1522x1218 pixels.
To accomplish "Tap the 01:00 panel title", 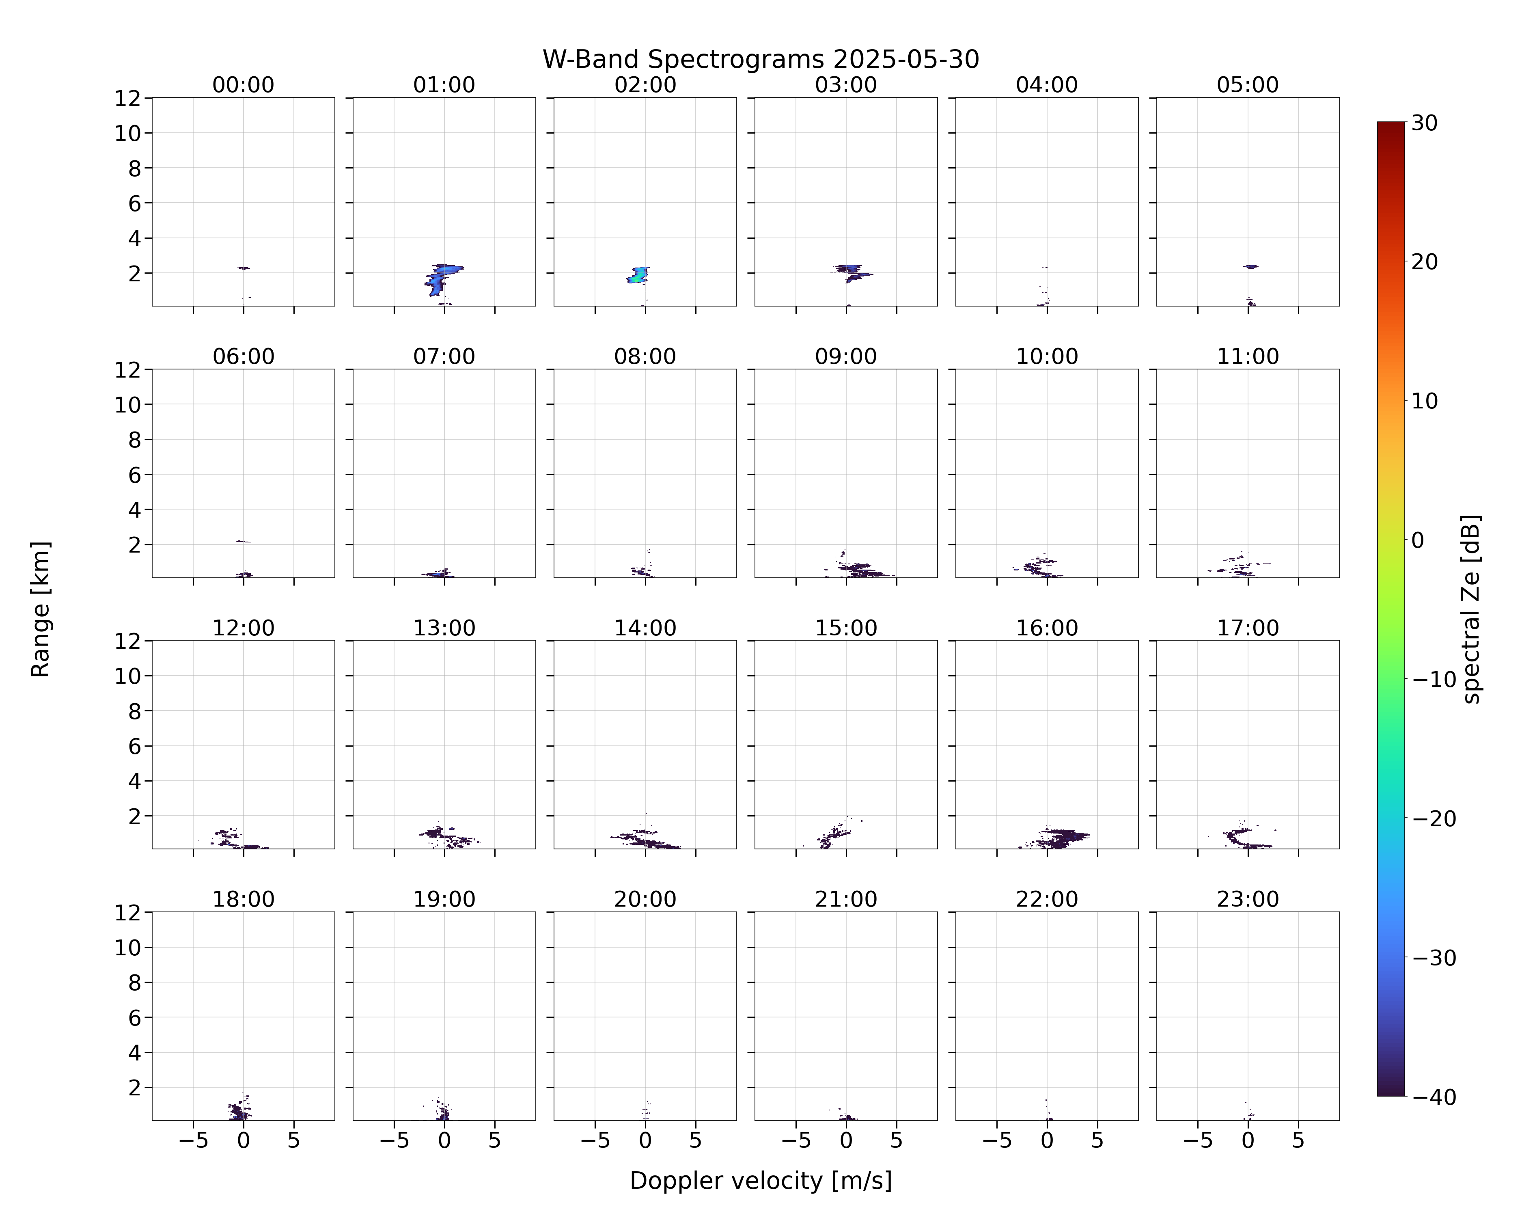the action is pos(444,85).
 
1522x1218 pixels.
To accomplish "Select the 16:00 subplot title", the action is pos(1047,628).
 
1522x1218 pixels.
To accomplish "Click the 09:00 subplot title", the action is pos(846,356).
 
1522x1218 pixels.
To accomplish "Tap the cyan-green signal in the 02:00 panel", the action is pos(638,275).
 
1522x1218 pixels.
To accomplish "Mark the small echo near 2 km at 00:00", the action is pos(244,268).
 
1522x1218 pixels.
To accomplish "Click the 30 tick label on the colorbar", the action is pos(1425,123).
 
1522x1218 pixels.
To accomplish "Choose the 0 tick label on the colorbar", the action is pos(1418,540).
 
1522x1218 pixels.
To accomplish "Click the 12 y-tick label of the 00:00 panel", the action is pos(128,98).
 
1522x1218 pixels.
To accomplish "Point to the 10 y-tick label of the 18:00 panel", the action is pos(128,948).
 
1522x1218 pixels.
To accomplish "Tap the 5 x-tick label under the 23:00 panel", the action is pos(1298,1140).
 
